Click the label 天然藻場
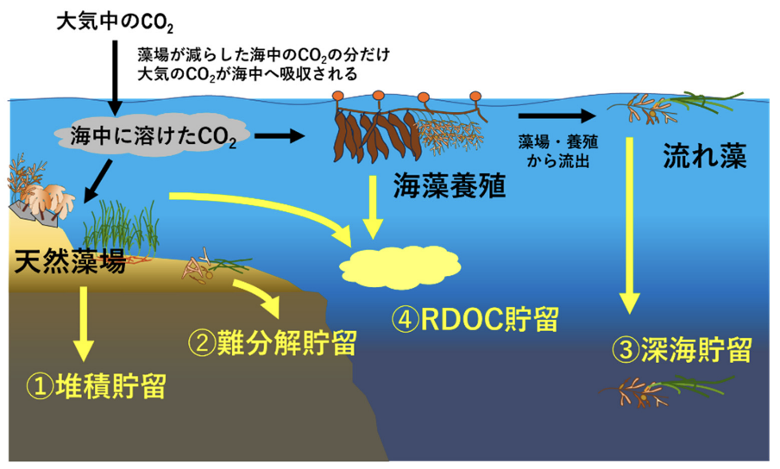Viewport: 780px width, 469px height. point(70,262)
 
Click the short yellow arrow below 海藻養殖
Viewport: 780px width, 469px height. point(372,207)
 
